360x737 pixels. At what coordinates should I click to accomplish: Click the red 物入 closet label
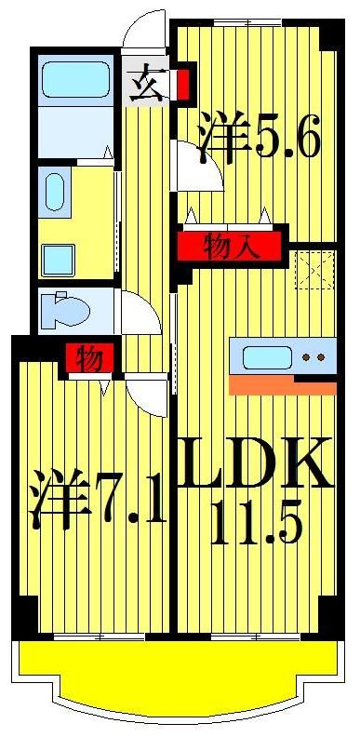pos(229,247)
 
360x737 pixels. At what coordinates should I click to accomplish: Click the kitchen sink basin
pos(268,357)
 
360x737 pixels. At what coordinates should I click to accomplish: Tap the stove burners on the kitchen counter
pos(314,357)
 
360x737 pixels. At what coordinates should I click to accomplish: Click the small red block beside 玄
pos(183,80)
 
